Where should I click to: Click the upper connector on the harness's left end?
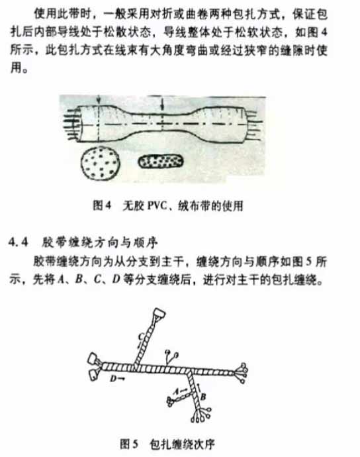91,358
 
